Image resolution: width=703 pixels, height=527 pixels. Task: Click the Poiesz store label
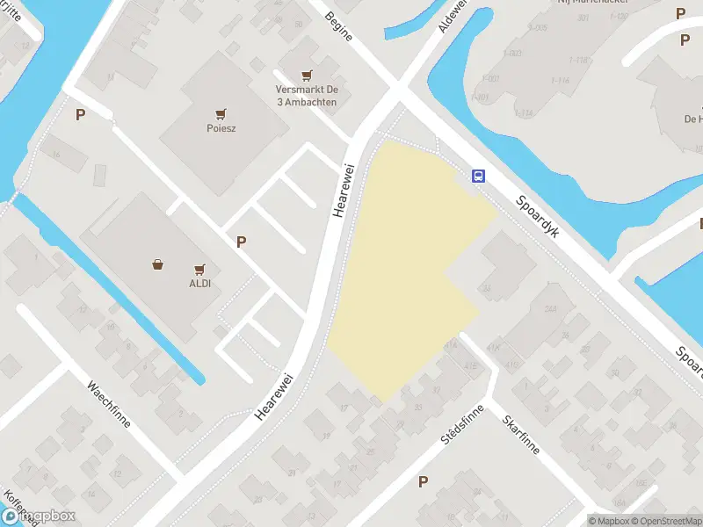point(221,127)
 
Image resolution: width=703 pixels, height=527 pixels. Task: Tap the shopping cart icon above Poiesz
point(221,113)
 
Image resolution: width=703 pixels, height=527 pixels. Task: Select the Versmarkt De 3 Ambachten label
point(306,96)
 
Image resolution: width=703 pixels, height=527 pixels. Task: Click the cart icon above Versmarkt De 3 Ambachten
point(306,76)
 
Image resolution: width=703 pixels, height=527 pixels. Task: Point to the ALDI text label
point(199,283)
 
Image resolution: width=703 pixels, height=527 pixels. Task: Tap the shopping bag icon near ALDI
point(157,263)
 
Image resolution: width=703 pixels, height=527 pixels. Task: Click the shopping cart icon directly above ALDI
point(199,269)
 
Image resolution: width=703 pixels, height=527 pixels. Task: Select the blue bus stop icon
point(479,175)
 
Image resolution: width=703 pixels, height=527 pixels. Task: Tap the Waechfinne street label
point(109,403)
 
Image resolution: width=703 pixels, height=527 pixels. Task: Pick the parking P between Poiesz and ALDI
point(241,242)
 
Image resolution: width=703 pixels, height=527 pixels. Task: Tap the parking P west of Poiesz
point(81,114)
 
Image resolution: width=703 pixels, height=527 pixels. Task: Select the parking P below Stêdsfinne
point(424,481)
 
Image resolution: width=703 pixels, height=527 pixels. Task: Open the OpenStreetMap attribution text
point(665,521)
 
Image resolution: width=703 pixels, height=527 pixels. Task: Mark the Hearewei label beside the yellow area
point(344,190)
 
